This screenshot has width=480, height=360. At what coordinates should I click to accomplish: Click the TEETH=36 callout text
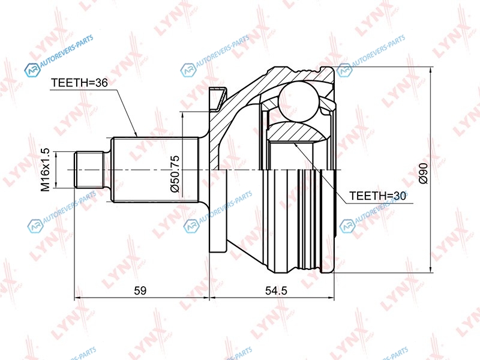[x=79, y=83]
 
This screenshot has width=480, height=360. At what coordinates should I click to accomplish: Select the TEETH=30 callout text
[x=378, y=196]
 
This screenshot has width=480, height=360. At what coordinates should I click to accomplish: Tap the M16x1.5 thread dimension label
[x=46, y=170]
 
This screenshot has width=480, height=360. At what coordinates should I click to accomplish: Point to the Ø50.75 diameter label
[x=175, y=173]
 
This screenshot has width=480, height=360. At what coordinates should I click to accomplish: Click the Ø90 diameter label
[x=423, y=173]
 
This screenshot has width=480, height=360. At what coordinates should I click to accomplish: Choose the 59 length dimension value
[x=140, y=290]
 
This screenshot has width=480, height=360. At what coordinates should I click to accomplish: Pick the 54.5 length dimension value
[x=276, y=290]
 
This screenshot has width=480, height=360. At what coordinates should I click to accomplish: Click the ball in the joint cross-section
[x=299, y=101]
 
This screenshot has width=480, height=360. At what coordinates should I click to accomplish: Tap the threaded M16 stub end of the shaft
[x=89, y=170]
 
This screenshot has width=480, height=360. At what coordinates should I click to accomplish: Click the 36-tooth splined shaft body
[x=155, y=170]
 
